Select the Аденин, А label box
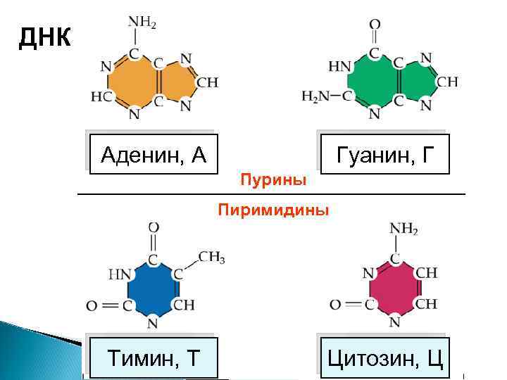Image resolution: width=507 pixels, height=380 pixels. (x=154, y=153)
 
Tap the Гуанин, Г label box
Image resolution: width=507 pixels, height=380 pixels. (x=382, y=153)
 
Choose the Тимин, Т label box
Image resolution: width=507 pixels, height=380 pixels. (x=153, y=359)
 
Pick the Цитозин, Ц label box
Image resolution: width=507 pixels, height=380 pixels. (x=384, y=359)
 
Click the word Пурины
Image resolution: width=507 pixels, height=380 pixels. (x=273, y=181)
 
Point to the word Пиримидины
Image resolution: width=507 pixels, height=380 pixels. (x=273, y=210)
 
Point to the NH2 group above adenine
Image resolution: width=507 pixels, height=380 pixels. (x=140, y=22)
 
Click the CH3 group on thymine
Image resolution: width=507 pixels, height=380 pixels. (x=211, y=257)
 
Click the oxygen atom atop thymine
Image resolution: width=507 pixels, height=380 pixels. (x=153, y=227)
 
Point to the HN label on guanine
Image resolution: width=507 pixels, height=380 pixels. (x=340, y=67)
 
